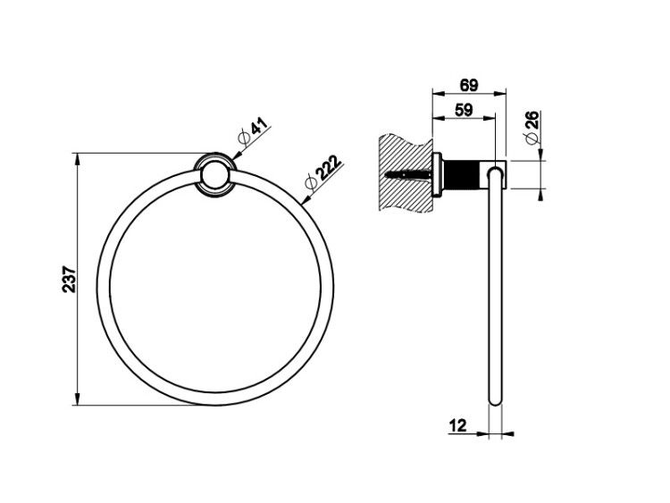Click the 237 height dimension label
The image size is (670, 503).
pos(69,279)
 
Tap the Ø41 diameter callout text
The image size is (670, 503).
pos(253,131)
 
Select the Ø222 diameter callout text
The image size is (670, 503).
pos(323,172)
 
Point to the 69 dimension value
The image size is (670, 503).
pos(469,86)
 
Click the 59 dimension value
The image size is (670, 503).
pos(464,110)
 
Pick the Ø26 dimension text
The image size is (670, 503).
pos(532,128)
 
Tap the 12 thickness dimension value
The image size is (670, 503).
pos(457,425)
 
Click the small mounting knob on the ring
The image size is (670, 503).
pos(214,175)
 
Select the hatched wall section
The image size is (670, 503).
pos(406,172)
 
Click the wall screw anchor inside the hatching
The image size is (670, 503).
pos(408,174)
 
